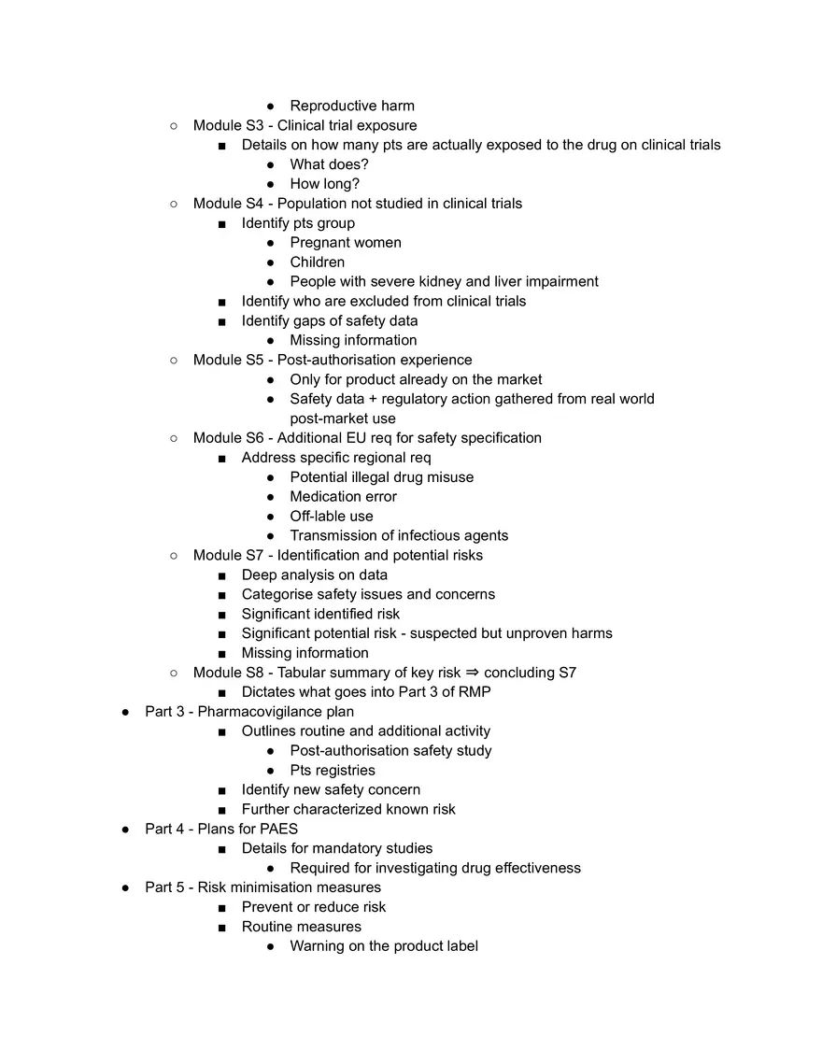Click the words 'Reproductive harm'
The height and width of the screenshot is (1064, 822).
[351, 106]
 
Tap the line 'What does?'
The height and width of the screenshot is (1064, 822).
[329, 164]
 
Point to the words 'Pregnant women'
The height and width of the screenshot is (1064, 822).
[346, 243]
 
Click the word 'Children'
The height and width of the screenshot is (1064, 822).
[317, 262]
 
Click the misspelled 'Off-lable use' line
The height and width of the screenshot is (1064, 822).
[331, 516]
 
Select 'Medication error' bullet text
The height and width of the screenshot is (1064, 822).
[343, 496]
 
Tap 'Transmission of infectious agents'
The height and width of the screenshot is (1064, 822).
[399, 535]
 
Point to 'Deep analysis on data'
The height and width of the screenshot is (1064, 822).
[314, 575]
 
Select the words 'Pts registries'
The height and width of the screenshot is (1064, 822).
[332, 770]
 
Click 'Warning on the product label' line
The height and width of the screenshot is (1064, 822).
[383, 946]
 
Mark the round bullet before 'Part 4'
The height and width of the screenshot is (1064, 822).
[125, 829]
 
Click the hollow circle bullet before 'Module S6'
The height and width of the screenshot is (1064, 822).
[174, 438]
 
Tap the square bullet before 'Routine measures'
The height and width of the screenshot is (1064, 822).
[221, 927]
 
